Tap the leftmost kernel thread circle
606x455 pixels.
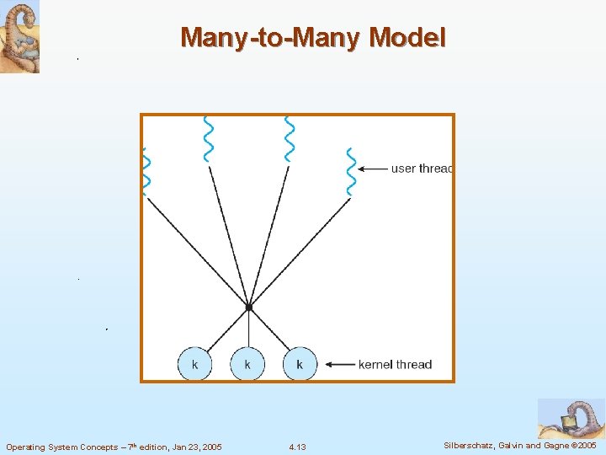195,364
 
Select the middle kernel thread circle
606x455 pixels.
247,364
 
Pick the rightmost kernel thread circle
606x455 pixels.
300,364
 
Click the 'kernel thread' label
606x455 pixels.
395,365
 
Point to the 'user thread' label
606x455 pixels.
421,169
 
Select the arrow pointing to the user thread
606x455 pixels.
372,169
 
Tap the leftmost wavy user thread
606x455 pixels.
146,172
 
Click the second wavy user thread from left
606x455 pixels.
208,138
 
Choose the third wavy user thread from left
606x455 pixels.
290,138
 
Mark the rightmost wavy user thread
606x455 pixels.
351,172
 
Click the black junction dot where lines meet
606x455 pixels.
248,308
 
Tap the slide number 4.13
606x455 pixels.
297,447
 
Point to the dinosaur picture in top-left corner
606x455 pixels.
19,37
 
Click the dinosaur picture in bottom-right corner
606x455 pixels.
571,419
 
